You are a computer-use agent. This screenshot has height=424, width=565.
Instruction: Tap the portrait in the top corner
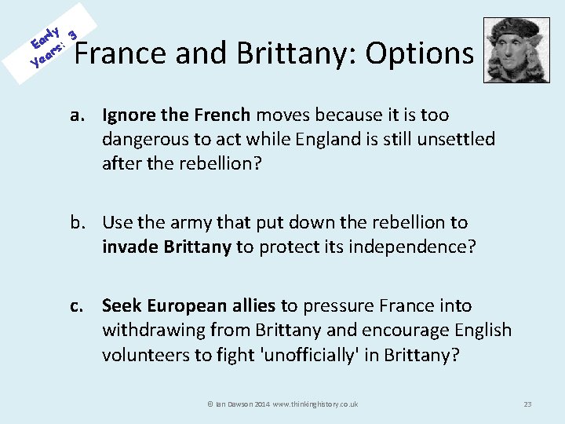516,50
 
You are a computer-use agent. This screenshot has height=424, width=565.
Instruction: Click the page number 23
527,404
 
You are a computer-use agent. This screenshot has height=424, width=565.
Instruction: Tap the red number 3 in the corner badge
72,34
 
